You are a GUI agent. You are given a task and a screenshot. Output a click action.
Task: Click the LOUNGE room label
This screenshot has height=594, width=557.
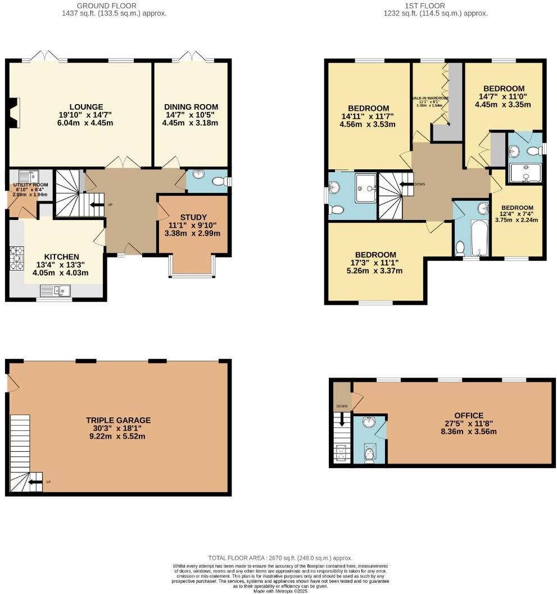86,107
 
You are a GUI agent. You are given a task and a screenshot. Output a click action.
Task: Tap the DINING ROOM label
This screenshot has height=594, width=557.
191,107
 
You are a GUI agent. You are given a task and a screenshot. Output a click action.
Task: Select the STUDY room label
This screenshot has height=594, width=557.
193,217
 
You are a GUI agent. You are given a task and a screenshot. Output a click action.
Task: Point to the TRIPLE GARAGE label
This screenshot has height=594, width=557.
118,420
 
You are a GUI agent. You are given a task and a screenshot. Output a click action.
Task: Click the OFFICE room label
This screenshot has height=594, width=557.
469,416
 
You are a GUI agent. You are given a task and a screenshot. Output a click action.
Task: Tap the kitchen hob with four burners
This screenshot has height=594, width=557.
16,259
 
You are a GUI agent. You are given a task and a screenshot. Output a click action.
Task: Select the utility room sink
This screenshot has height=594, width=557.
28,175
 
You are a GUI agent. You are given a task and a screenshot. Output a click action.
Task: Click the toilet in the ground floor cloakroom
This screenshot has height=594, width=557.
225,181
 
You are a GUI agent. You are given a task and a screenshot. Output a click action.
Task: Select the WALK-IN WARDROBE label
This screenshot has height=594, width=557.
430,98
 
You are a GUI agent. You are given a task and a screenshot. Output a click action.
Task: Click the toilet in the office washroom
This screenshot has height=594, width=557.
369,453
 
